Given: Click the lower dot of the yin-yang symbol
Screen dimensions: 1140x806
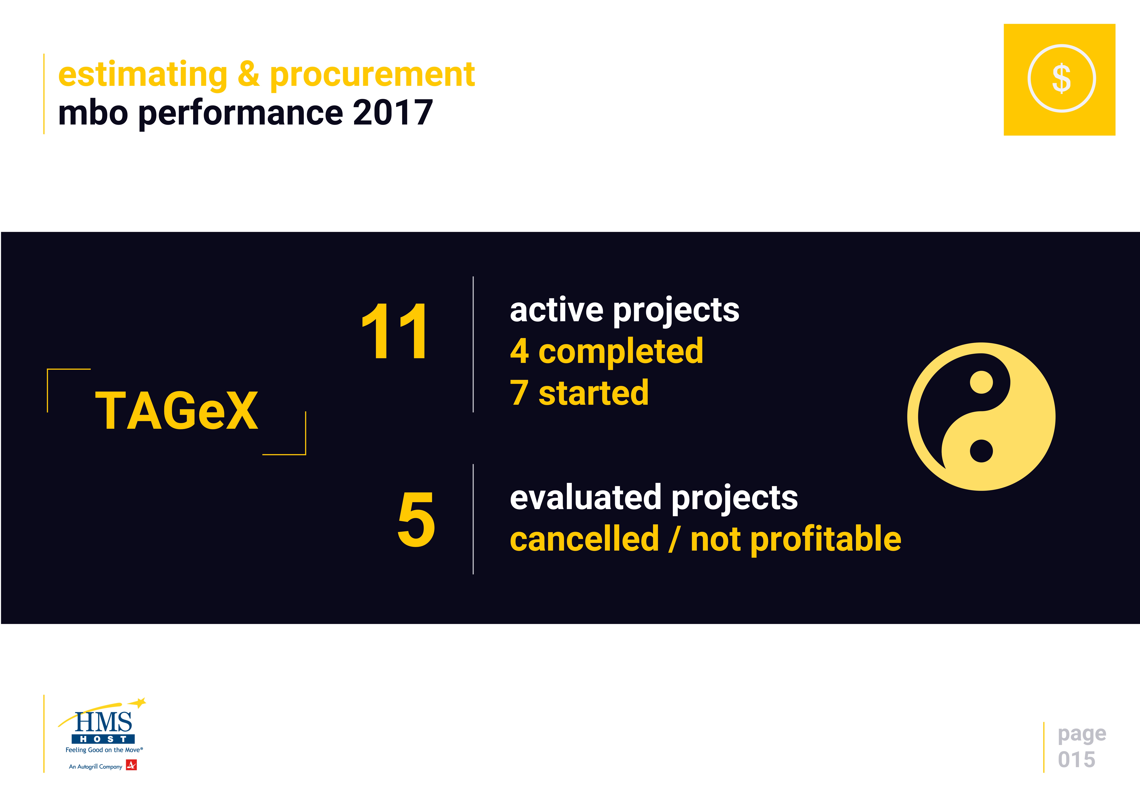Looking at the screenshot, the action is click(981, 451).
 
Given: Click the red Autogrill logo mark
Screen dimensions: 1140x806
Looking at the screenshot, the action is click(131, 765).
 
